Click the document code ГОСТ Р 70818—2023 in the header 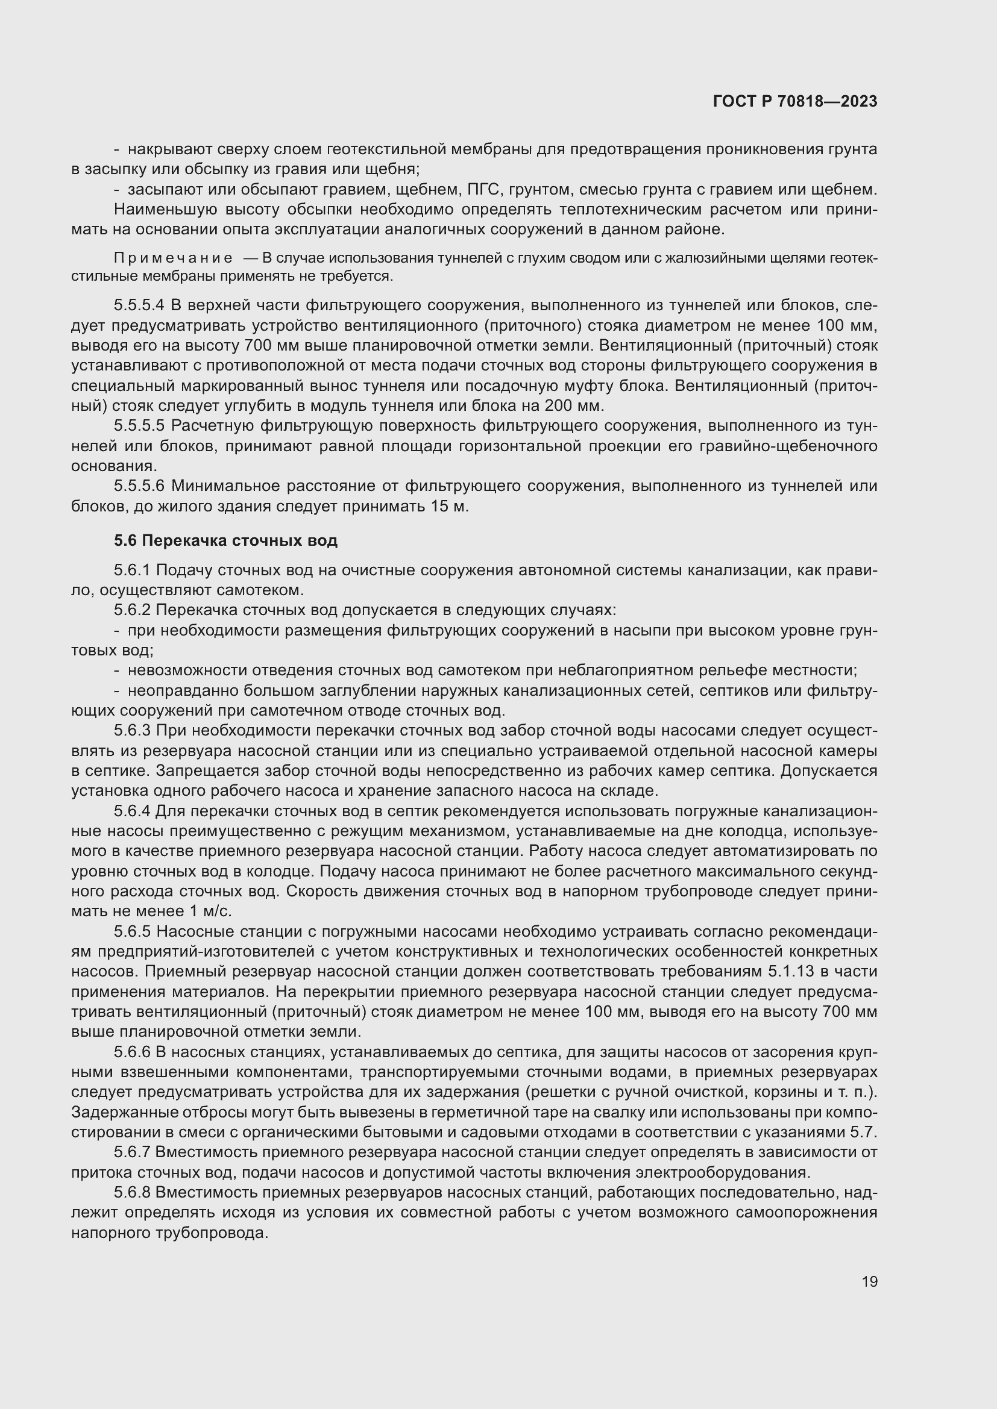[x=795, y=101]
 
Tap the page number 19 [x=869, y=1282]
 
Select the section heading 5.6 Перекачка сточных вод [x=225, y=540]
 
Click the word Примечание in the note [x=173, y=258]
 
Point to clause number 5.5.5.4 [x=139, y=305]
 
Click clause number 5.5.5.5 [x=139, y=426]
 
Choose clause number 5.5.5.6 [x=139, y=486]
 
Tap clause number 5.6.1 [x=132, y=570]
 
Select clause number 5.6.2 [x=132, y=611]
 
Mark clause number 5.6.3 [x=132, y=731]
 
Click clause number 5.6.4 [x=132, y=811]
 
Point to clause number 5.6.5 [x=132, y=931]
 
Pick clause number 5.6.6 [x=132, y=1052]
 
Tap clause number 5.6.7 [x=132, y=1152]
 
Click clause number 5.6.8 [x=132, y=1192]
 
